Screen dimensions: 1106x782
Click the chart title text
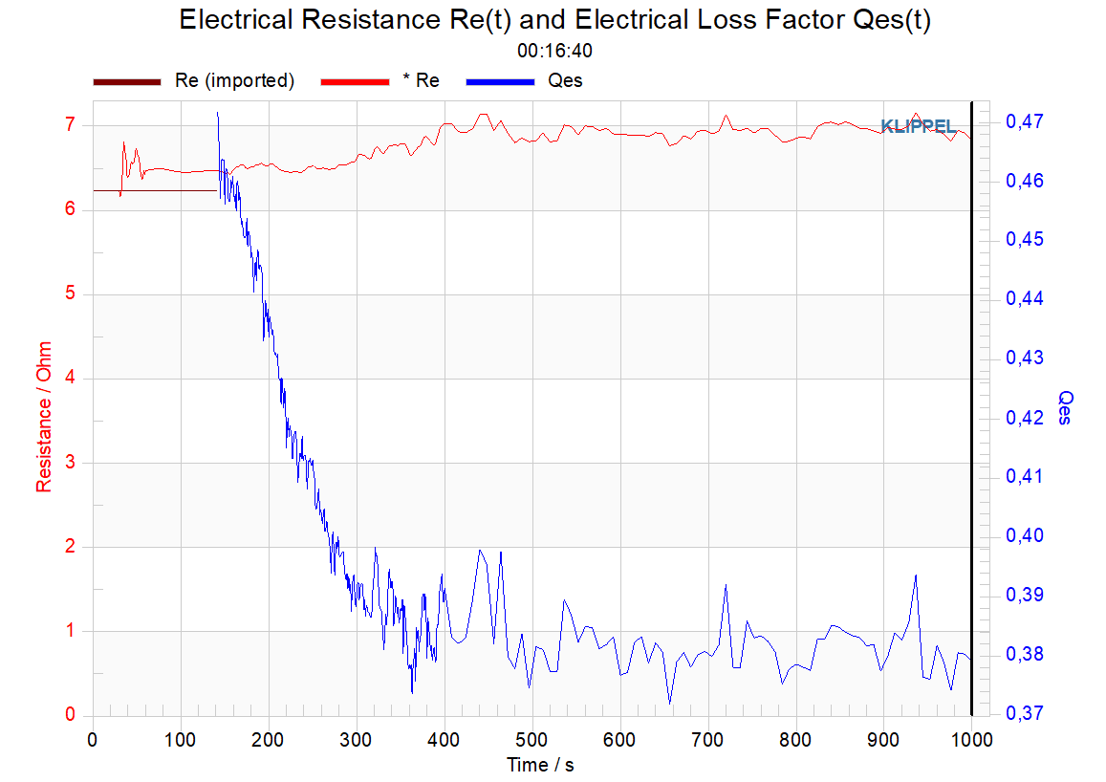point(554,20)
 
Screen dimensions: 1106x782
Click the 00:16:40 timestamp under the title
point(554,51)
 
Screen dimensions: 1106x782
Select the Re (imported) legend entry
point(194,81)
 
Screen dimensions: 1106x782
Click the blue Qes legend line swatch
point(500,82)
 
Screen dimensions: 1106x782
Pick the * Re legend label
point(422,81)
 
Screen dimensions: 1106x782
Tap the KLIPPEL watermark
point(919,126)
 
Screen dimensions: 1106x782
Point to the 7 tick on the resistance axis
point(70,125)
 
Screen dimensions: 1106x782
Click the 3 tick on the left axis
point(70,463)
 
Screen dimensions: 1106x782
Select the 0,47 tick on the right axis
point(1025,121)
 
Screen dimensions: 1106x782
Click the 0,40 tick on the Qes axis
point(1025,535)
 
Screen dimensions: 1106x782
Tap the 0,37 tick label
point(1025,713)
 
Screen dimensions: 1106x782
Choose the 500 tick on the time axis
point(531,740)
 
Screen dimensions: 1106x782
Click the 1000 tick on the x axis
point(971,740)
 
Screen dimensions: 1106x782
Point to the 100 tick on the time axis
point(181,740)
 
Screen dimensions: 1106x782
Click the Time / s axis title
point(540,765)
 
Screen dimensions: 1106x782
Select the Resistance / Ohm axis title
point(44,417)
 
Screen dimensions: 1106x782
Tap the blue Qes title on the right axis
point(1064,407)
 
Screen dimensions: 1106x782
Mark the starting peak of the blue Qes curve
point(217,112)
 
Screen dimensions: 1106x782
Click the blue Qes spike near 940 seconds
point(916,576)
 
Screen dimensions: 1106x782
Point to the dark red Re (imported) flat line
point(155,190)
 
